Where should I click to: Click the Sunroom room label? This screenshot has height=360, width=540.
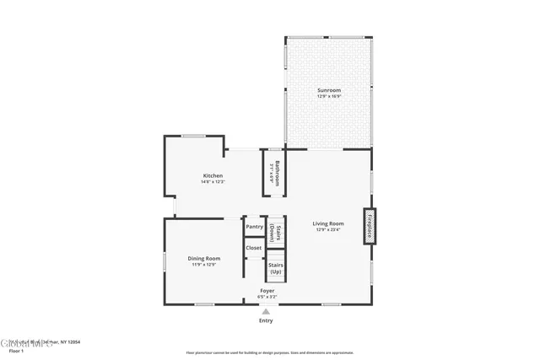coord(329,90)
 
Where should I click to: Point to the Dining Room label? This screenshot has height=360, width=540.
coord(204,258)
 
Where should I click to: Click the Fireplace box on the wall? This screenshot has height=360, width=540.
coord(369,226)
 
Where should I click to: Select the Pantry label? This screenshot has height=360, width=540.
coord(253,227)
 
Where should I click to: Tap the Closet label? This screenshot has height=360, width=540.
coord(253,248)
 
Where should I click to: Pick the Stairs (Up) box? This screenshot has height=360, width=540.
coord(275,269)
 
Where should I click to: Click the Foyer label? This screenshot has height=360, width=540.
coord(267,291)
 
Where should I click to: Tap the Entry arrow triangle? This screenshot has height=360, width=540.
coord(266,311)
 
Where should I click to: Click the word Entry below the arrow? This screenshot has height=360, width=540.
coord(266,320)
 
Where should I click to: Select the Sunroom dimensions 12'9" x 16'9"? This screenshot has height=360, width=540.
coord(329,96)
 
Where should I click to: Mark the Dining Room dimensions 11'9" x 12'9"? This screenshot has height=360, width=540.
coord(204,264)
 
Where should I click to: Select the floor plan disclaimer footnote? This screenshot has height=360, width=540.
coord(270,352)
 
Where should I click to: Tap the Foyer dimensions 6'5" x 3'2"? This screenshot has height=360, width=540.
coord(267,297)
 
